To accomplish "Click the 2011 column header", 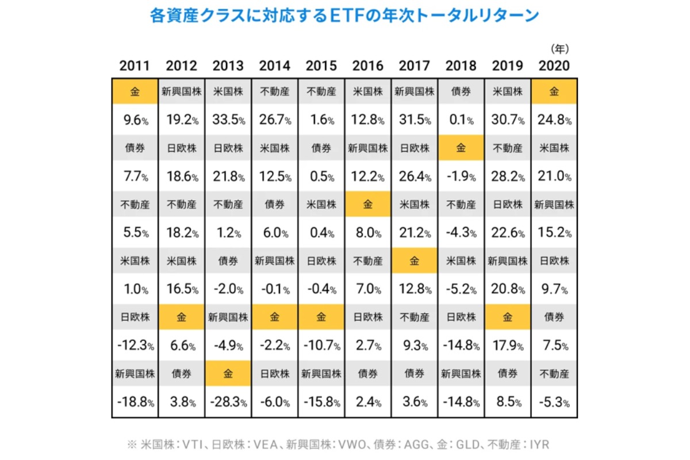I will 134,66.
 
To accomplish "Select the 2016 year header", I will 367,66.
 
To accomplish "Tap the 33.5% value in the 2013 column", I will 228,121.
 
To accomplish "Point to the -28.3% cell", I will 228,402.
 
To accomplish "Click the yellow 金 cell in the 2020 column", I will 554,91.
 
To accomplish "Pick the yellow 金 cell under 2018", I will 461,148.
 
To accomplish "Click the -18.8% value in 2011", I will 134,402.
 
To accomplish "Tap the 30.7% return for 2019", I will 508,121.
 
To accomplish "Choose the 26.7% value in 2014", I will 275,121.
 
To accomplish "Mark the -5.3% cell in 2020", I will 554,402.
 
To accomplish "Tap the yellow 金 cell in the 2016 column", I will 367,204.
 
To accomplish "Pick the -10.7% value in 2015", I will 321,346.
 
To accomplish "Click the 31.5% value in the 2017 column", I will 414,121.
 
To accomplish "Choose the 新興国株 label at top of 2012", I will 181,91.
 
